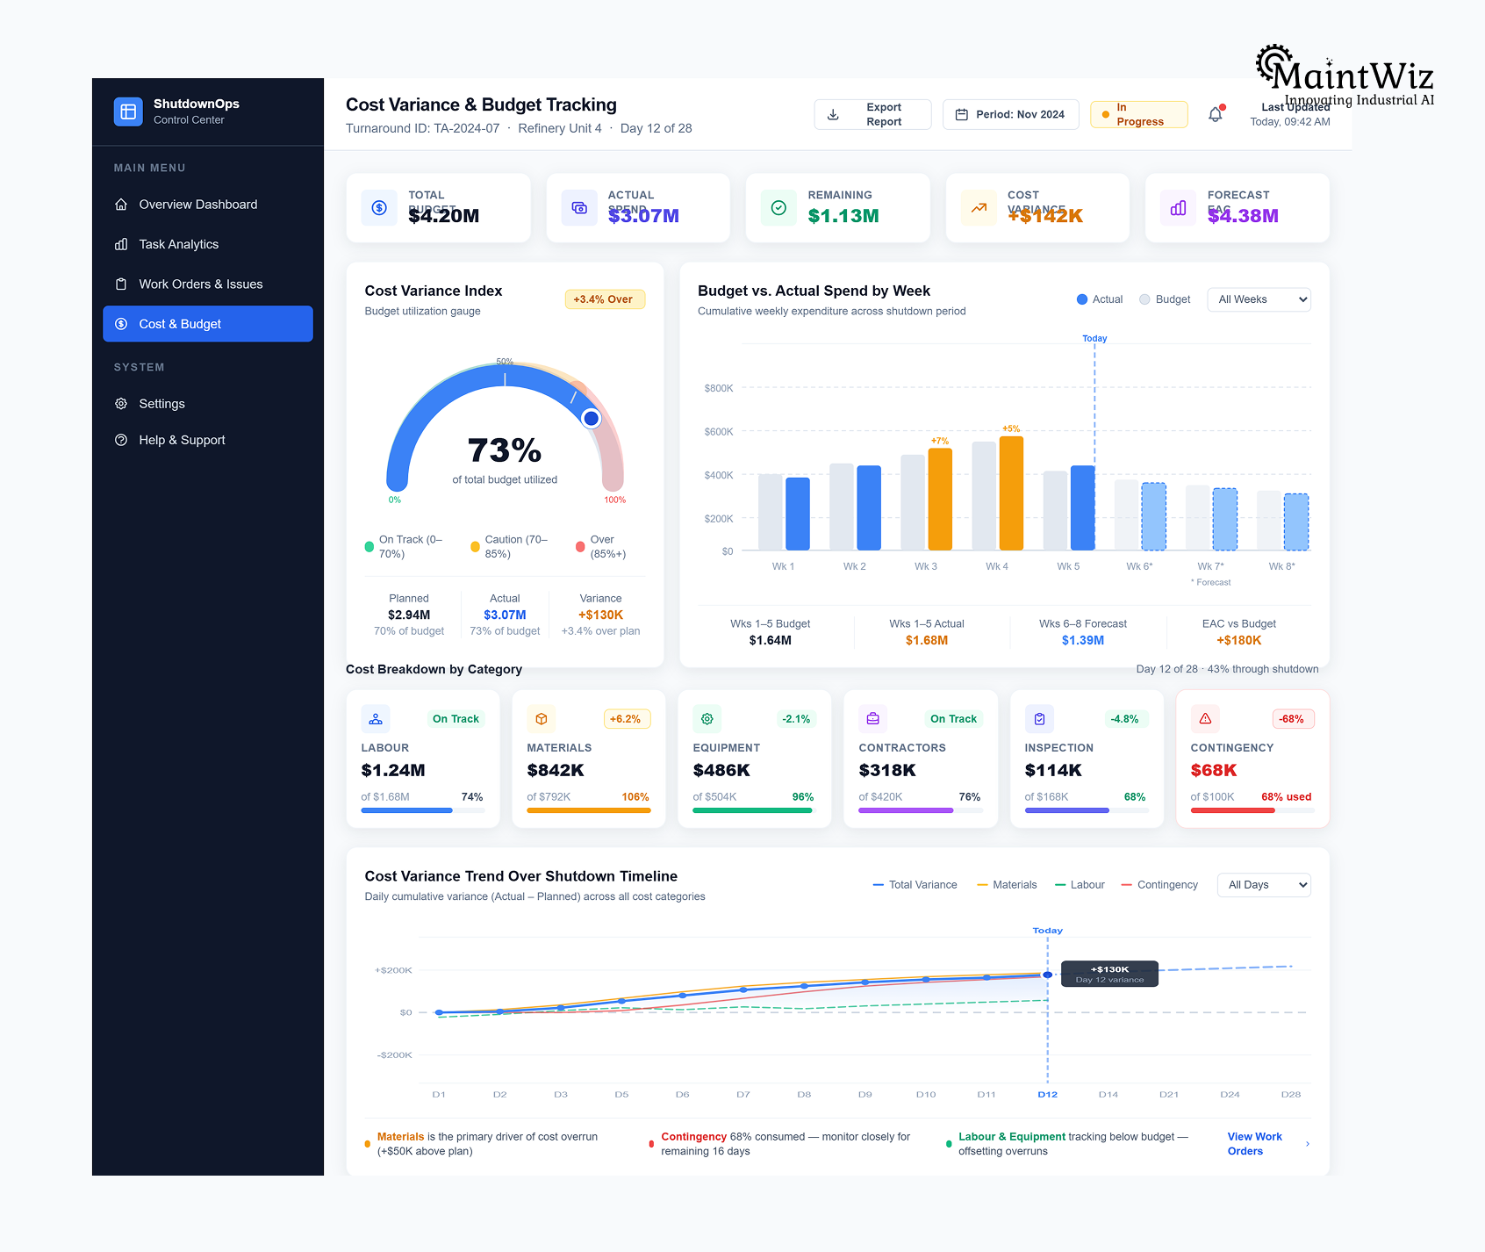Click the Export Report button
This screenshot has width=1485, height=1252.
coord(872,115)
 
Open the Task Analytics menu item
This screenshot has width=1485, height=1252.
coord(178,244)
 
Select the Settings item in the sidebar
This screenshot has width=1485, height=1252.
coord(161,404)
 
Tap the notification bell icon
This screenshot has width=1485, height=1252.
coord(1215,115)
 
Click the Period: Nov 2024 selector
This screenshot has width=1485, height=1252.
coord(1010,115)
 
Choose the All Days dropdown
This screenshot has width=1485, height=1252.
coord(1263,885)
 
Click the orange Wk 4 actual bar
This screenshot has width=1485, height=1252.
coord(1011,493)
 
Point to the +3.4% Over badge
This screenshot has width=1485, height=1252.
coord(604,299)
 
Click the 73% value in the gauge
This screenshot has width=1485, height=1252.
coord(505,450)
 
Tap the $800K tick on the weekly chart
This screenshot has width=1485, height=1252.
coord(718,388)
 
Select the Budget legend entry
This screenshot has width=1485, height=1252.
coord(1165,299)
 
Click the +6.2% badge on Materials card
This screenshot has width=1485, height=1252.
coord(625,719)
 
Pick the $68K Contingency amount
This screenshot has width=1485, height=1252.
coord(1213,770)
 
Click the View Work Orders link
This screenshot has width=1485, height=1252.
coord(1254,1144)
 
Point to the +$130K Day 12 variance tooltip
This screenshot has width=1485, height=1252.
coord(1109,974)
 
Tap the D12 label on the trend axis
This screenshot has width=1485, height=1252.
coord(1047,1095)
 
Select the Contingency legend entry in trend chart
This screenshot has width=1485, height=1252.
coord(1159,885)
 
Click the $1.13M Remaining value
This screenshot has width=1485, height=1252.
coord(843,216)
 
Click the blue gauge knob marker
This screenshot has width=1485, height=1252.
coord(592,419)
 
